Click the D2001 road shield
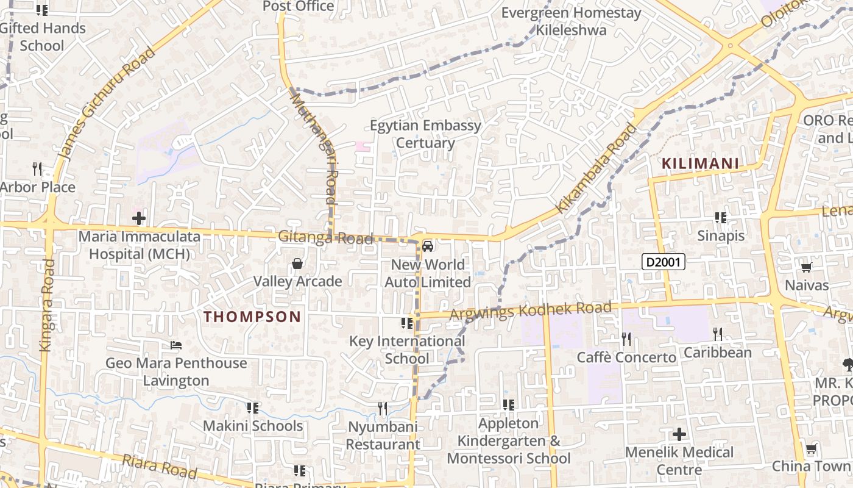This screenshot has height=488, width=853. point(664,262)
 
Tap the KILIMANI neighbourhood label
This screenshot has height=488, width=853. point(700,163)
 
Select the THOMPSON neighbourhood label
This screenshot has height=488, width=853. point(252,317)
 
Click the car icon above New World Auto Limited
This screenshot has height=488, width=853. point(428,246)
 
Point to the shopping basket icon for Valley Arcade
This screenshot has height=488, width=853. point(297,264)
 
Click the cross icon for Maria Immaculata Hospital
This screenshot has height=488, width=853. point(139,218)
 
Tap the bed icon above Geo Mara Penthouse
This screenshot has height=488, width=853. point(176,345)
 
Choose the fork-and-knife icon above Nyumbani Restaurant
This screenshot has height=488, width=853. point(383,408)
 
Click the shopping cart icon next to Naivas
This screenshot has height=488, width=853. point(806,267)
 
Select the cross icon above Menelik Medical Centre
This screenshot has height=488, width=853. point(679,434)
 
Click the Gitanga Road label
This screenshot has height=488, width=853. point(325,237)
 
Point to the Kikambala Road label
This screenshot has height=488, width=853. point(596,168)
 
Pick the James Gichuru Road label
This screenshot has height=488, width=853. point(107,104)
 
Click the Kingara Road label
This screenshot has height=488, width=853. point(46,305)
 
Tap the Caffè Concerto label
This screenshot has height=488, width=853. point(626,357)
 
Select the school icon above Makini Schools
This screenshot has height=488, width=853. point(252,407)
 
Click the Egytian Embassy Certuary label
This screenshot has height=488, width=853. point(425,134)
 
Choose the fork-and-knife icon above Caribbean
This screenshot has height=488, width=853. point(718,334)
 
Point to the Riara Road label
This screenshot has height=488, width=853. point(160,465)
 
